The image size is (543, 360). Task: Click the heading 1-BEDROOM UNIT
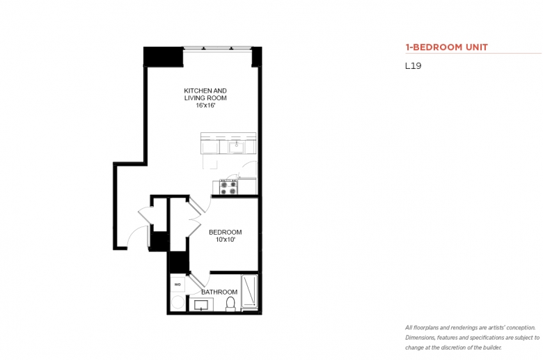[x=446, y=47]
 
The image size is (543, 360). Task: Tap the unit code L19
[x=413, y=66]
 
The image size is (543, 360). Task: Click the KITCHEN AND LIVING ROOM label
[x=205, y=94]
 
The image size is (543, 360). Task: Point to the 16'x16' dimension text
[x=205, y=105]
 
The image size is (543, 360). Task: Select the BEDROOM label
[x=225, y=232]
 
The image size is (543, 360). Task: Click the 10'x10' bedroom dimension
[x=226, y=240]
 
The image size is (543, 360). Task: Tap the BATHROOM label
[x=219, y=292]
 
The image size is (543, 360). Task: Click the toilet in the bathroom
[x=230, y=304]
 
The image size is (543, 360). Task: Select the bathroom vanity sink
[x=201, y=305]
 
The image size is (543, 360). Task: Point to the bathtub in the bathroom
[x=249, y=291]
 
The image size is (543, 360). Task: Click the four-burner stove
[x=228, y=187]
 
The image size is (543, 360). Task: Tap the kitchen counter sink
[x=237, y=147]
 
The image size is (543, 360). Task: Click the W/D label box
[x=178, y=285]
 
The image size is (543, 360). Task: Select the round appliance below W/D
[x=178, y=302]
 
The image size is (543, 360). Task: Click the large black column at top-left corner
[x=163, y=56]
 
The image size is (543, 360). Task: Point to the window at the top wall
[x=217, y=48]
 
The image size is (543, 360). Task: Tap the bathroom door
[x=196, y=280]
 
